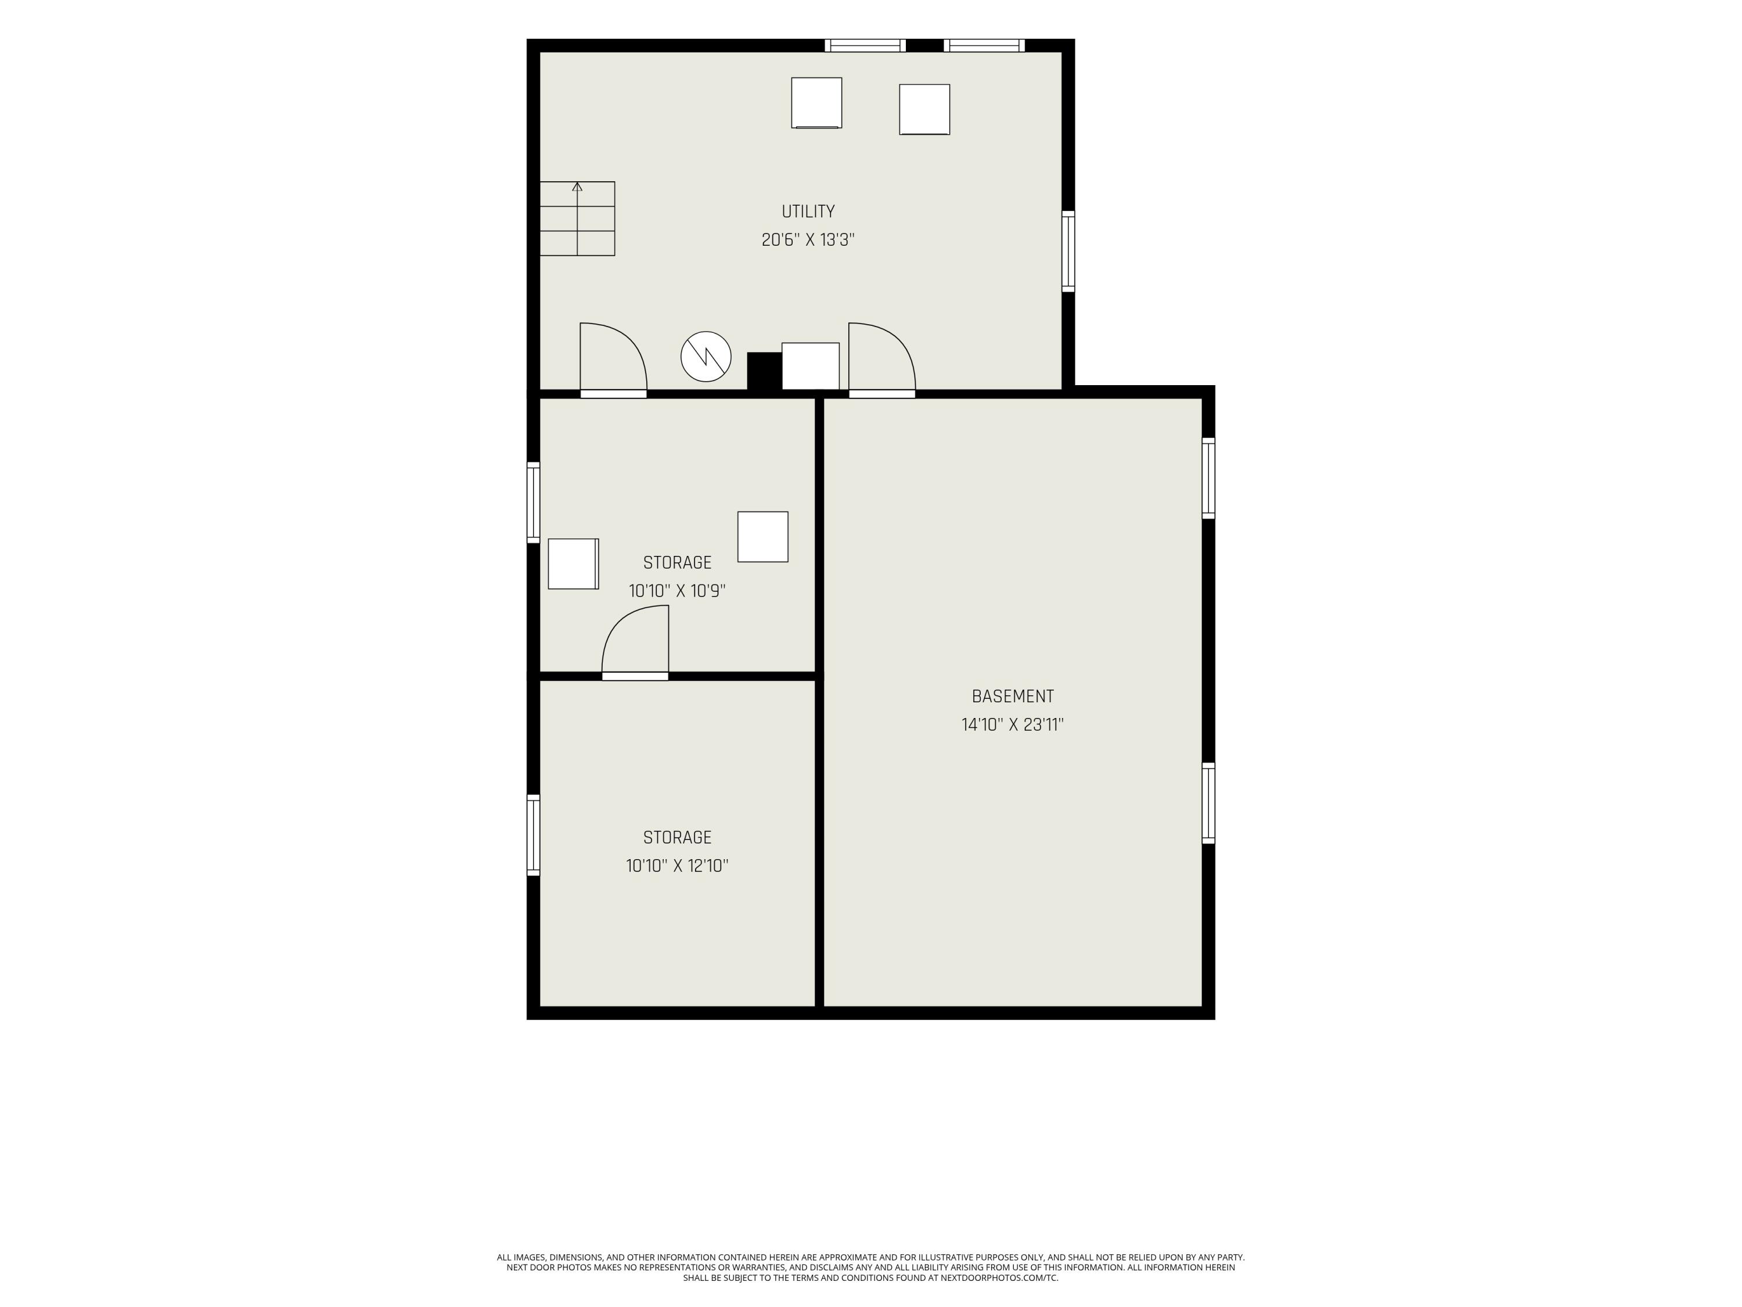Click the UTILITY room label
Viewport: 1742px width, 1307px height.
[808, 211]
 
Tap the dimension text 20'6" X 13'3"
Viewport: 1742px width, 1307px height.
[808, 239]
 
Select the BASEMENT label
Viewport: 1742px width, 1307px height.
[1013, 696]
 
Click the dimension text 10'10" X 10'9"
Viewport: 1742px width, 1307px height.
[677, 591]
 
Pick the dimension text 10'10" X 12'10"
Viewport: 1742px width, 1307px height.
[677, 866]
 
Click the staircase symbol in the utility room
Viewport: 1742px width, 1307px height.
[577, 219]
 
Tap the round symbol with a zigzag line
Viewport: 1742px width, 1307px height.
[707, 357]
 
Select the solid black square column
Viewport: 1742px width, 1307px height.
[764, 371]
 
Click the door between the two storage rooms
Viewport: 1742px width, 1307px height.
[635, 642]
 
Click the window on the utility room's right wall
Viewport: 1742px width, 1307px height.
[1068, 252]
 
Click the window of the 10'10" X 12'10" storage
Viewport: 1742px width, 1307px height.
[533, 835]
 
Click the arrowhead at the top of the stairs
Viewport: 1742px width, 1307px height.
[577, 186]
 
